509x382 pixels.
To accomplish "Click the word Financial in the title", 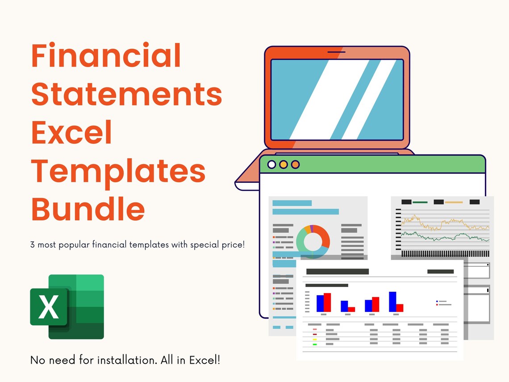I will [106, 57].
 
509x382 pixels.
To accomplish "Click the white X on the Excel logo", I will [49, 307].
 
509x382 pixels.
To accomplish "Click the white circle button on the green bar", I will [271, 164].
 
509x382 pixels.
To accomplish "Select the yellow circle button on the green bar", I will [283, 164].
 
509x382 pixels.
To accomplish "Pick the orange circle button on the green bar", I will [295, 164].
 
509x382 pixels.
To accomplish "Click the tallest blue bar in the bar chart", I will [392, 302].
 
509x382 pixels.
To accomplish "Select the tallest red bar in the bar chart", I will [327, 302].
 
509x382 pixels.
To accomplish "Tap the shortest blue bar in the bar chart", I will [344, 306].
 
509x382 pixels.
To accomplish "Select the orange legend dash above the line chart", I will [454, 202].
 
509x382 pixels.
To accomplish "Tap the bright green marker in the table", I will [315, 344].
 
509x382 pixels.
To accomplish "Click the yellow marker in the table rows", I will [315, 339].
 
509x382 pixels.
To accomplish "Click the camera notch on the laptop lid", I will [333, 52].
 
